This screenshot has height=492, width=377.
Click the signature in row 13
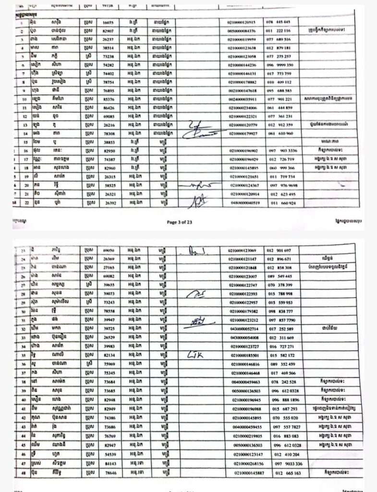[x=196, y=126]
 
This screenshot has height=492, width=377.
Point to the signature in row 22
[x=195, y=200]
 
